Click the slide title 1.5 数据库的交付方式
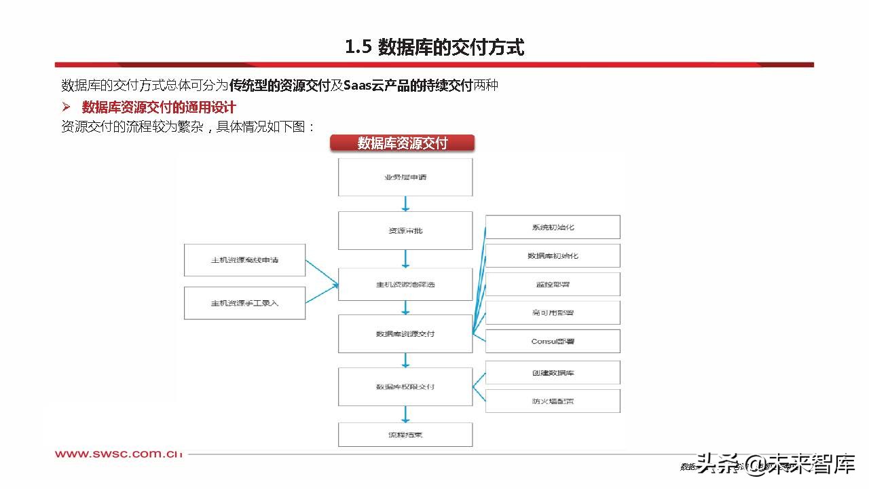pyautogui.click(x=434, y=47)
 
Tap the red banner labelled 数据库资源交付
pyautogui.click(x=402, y=143)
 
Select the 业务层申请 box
pyautogui.click(x=405, y=177)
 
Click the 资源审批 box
pyautogui.click(x=405, y=230)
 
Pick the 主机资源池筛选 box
pyautogui.click(x=405, y=284)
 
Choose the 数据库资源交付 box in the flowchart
pyautogui.click(x=405, y=333)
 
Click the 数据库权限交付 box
pyautogui.click(x=405, y=386)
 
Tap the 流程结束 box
pyautogui.click(x=405, y=434)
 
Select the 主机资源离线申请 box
pyautogui.click(x=244, y=260)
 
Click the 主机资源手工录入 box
pyautogui.click(x=244, y=303)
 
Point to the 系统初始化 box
pyautogui.click(x=553, y=227)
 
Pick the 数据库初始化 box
pyautogui.click(x=553, y=255)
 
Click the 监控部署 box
pyautogui.click(x=553, y=284)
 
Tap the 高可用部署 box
pyautogui.click(x=553, y=312)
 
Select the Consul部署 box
pyautogui.click(x=553, y=341)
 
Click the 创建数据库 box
pyautogui.click(x=553, y=373)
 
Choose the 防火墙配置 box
pyautogui.click(x=553, y=401)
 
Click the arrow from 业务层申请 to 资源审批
pyautogui.click(x=405, y=204)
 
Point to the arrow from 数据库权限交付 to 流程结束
pyautogui.click(x=405, y=414)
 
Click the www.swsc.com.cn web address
pyautogui.click(x=119, y=454)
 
